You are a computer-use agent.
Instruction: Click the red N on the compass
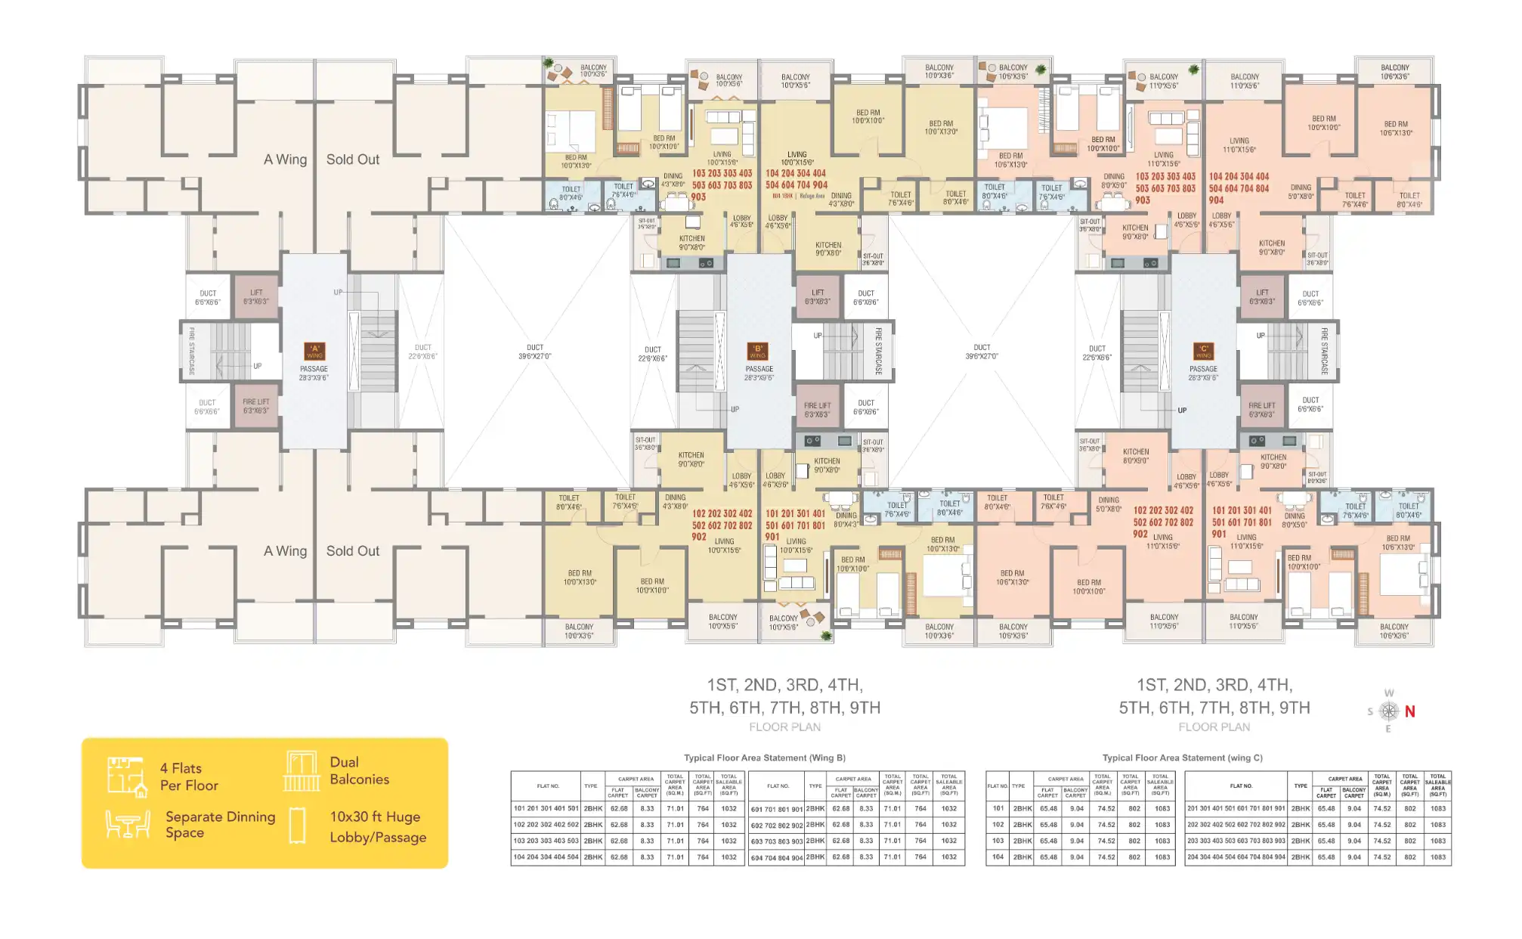[x=1409, y=711]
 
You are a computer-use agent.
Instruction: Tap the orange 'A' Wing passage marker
[x=314, y=351]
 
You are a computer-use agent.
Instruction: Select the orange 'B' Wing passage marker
[x=757, y=351]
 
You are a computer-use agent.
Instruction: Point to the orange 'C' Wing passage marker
[x=1203, y=351]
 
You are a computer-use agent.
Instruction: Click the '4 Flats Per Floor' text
[x=189, y=776]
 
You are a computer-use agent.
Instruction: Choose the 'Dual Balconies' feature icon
[x=302, y=771]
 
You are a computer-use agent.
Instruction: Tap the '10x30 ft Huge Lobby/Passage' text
[x=378, y=826]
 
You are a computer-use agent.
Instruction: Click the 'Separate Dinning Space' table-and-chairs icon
[x=127, y=824]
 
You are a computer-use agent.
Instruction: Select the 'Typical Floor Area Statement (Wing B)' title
[x=764, y=758]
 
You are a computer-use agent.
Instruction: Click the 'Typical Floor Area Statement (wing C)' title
[x=1182, y=758]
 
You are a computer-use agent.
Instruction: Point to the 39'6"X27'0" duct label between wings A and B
[x=535, y=352]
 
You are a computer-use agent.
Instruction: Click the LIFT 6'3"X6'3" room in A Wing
[x=256, y=297]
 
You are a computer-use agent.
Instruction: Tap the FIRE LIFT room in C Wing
[x=1261, y=410]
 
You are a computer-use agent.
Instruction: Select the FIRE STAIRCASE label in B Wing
[x=878, y=351]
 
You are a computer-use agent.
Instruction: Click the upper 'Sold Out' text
[x=353, y=160]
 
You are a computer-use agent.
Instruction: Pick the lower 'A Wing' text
[x=285, y=551]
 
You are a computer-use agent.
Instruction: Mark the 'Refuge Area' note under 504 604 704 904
[x=812, y=196]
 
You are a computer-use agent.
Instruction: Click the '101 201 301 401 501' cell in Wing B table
[x=546, y=808]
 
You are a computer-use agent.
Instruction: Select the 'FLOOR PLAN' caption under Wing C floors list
[x=1214, y=727]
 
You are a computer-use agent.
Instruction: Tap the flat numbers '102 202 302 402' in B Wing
[x=722, y=513]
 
